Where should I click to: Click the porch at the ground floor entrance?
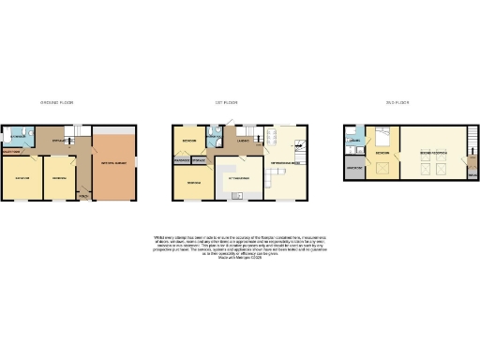point(83,196)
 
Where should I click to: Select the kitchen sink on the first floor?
point(237,195)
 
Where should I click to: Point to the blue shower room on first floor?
point(215,140)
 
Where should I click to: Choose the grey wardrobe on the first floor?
point(181,160)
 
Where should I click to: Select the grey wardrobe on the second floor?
point(355,169)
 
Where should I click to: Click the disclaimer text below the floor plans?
point(239,241)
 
